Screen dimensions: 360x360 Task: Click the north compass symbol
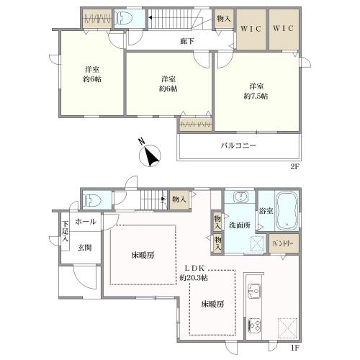[x=150, y=155]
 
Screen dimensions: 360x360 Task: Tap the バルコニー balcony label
[x=238, y=145]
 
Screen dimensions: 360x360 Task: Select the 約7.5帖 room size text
[x=256, y=96]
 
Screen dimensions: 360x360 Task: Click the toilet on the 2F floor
[x=124, y=18]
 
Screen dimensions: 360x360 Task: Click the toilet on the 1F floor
[x=91, y=200]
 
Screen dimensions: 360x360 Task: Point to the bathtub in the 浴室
[x=287, y=211]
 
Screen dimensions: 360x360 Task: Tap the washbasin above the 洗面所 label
[x=240, y=197]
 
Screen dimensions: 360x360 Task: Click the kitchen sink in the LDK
[x=254, y=291]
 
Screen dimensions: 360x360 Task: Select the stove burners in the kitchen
[x=254, y=325]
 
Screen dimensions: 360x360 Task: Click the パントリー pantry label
[x=283, y=243]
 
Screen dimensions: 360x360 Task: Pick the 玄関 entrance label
[x=85, y=248]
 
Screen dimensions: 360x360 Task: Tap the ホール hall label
[x=86, y=222]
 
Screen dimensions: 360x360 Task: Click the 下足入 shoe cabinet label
[x=66, y=231]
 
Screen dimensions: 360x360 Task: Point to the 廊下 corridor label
[x=187, y=41]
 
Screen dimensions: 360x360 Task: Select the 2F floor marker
[x=295, y=166]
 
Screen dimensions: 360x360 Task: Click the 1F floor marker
[x=295, y=348]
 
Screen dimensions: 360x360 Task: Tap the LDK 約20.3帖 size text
[x=194, y=273]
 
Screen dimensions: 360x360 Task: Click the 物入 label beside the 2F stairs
[x=224, y=19]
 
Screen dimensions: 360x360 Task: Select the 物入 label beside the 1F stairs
[x=179, y=199]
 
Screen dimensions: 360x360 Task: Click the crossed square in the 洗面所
[x=257, y=243]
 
